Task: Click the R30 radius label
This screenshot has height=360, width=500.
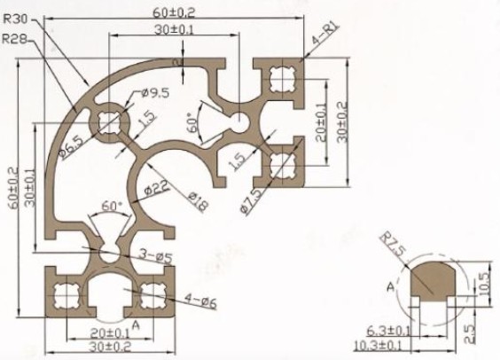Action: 16,19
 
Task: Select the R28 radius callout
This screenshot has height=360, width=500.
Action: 15,40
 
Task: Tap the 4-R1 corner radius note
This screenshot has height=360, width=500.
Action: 325,34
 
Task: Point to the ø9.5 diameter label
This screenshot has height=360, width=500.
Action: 155,93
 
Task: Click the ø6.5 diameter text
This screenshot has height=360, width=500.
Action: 71,146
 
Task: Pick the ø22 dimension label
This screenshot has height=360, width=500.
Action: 156,189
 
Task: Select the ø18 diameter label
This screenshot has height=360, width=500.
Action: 198,201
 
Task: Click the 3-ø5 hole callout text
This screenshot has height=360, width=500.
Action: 156,255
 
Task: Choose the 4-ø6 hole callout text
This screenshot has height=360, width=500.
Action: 200,301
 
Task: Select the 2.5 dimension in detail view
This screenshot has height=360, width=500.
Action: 469,333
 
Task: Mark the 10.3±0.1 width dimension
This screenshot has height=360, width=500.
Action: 378,345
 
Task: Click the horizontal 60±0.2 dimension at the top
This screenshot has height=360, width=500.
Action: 174,12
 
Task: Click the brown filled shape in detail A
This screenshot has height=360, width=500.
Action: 435,280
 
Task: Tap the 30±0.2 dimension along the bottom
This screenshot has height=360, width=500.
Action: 110,347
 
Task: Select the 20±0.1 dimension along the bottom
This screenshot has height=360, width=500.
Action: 110,333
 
